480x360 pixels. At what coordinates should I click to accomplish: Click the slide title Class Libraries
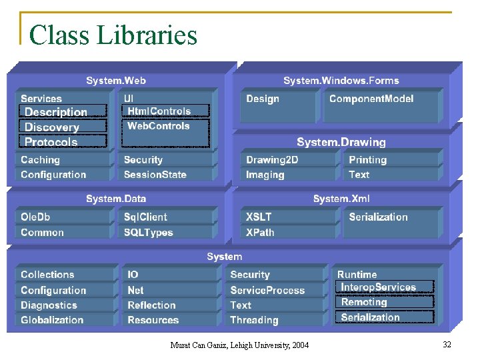pyautogui.click(x=113, y=35)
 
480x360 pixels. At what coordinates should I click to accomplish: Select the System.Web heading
pyautogui.click(x=116, y=81)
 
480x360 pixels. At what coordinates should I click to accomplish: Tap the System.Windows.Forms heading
pyautogui.click(x=341, y=81)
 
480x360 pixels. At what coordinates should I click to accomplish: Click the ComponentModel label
pyautogui.click(x=371, y=99)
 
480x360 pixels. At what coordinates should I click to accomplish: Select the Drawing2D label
pyautogui.click(x=272, y=160)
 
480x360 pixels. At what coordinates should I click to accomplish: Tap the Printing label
pyautogui.click(x=367, y=160)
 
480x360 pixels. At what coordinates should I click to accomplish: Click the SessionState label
pyautogui.click(x=155, y=175)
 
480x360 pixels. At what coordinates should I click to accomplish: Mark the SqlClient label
pyautogui.click(x=145, y=217)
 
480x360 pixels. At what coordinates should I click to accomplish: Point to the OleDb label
pyautogui.click(x=35, y=217)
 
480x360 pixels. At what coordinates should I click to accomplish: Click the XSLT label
pyautogui.click(x=259, y=217)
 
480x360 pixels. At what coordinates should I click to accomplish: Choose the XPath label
pyautogui.click(x=260, y=233)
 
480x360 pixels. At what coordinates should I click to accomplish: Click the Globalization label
pyautogui.click(x=52, y=320)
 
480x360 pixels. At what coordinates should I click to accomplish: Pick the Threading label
pyautogui.click(x=254, y=320)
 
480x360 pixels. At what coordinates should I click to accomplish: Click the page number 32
pyautogui.click(x=447, y=344)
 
